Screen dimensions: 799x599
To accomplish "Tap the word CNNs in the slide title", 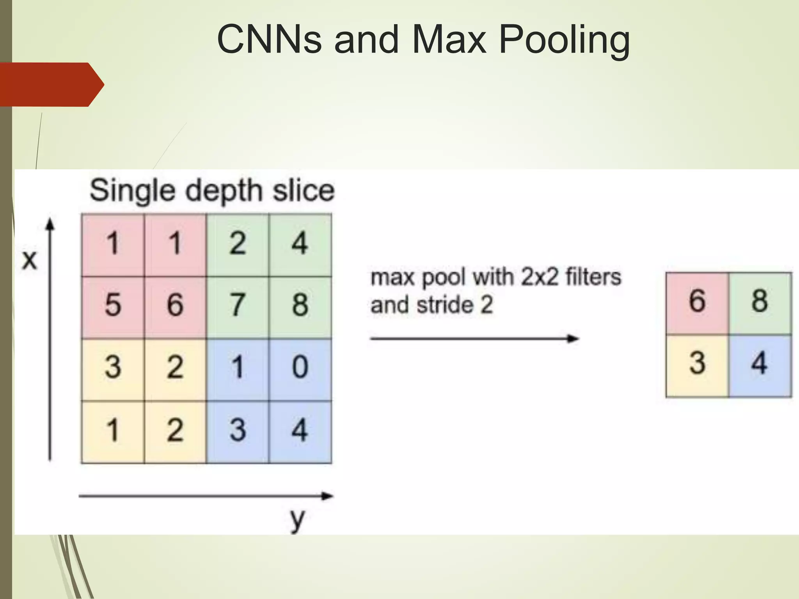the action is [269, 39].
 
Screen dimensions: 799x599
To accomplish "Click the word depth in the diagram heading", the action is [224, 191].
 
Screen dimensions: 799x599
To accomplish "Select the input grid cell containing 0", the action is [300, 368].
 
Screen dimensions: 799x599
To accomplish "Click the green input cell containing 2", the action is [238, 244].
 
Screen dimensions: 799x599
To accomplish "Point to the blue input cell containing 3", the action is [238, 431].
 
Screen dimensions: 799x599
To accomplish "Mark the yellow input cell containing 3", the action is [113, 368].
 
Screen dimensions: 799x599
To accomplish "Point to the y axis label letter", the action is [297, 519].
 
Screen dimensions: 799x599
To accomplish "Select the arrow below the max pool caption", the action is [474, 338].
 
